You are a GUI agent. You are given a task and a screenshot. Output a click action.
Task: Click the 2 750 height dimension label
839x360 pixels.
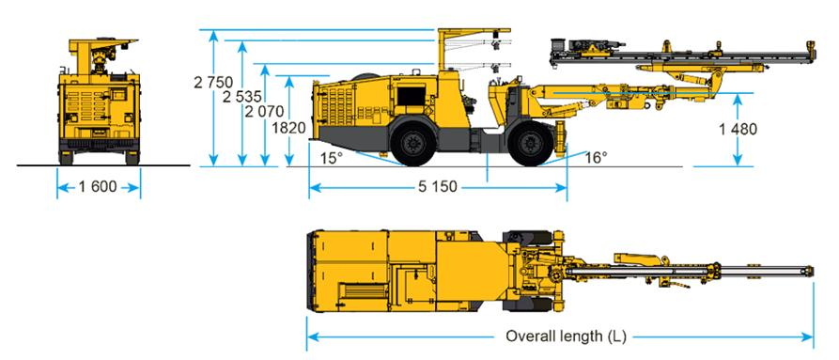[213, 83]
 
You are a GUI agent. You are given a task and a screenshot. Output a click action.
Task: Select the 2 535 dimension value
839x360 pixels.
[242, 97]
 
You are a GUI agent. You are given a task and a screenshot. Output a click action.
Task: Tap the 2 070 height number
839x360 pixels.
[264, 112]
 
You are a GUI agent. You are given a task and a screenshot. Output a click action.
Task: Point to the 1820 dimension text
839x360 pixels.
[288, 128]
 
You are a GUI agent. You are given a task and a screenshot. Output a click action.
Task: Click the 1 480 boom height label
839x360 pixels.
[738, 129]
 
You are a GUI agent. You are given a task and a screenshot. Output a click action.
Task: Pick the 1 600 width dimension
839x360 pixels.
[98, 187]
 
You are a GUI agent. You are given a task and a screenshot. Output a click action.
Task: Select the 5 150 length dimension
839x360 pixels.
[438, 187]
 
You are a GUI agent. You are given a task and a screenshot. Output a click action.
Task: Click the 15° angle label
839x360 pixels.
[332, 158]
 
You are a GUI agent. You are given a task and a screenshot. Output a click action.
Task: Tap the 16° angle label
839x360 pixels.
[596, 157]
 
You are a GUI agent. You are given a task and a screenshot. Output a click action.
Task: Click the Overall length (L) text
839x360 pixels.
[566, 337]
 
